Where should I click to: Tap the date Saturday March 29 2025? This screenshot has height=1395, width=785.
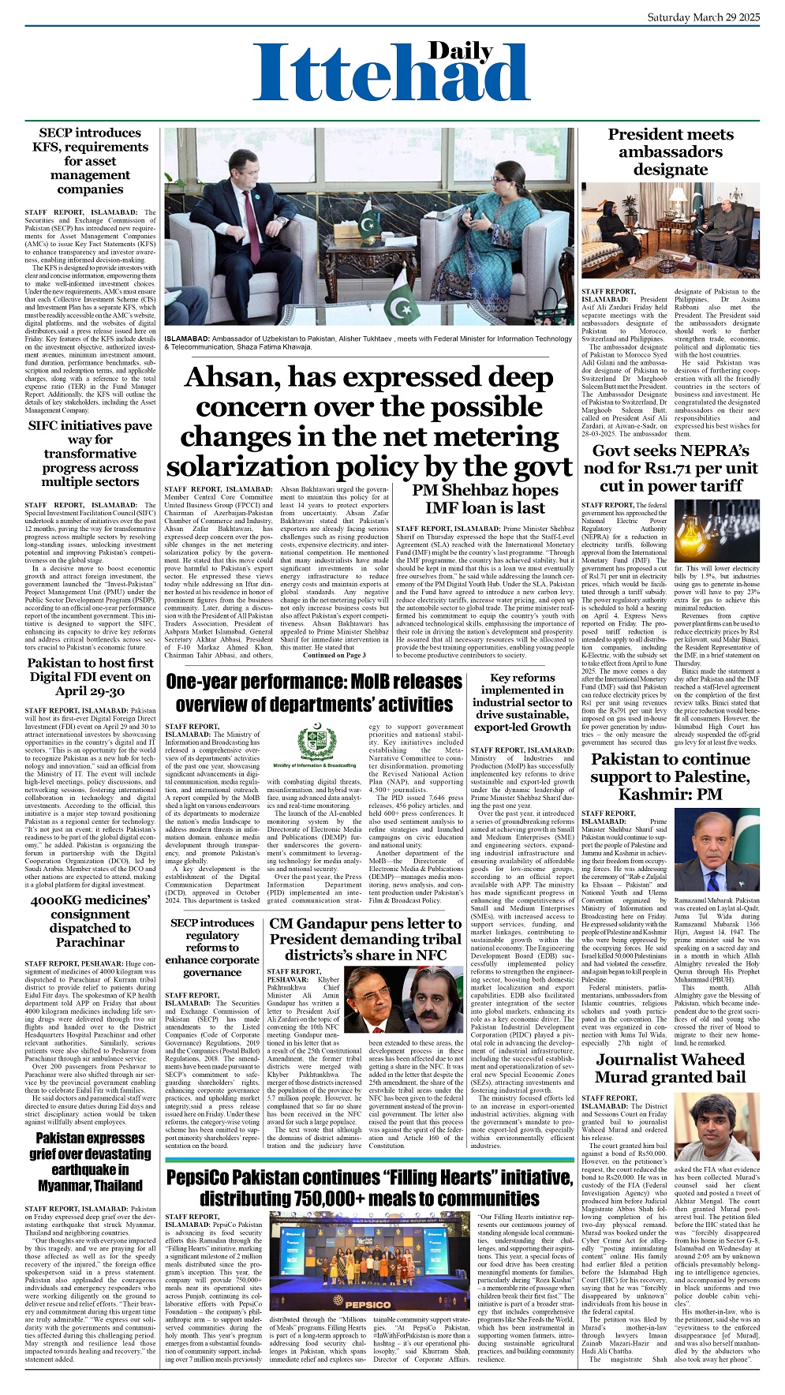click(x=704, y=17)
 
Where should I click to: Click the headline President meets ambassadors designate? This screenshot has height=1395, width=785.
click(x=670, y=151)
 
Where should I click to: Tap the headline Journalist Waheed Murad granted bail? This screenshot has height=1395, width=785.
click(x=670, y=1068)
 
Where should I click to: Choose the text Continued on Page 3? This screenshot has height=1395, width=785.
click(x=335, y=655)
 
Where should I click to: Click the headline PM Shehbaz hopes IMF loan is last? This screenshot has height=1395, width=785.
click(x=484, y=499)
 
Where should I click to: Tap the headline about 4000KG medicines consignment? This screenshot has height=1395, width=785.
click(x=90, y=921)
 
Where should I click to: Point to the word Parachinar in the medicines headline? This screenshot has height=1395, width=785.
click(x=90, y=942)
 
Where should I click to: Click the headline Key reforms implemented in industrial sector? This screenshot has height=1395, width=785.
click(x=522, y=702)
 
